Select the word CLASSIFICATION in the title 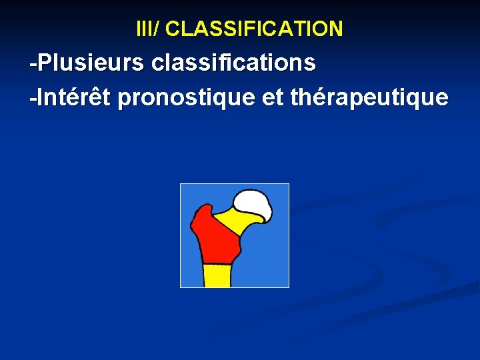tap(254, 29)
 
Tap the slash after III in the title tap(157, 29)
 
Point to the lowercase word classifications tap(234, 63)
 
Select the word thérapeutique tap(369, 99)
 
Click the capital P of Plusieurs tap(44, 63)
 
